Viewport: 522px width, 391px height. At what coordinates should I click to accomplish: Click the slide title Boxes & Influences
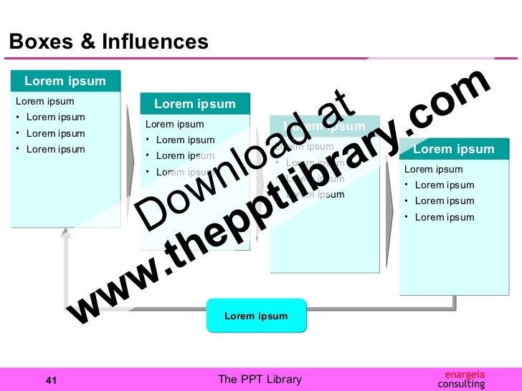(108, 42)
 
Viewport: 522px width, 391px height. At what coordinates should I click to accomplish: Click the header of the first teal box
(65, 81)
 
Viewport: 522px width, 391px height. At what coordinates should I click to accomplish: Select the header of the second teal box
(194, 104)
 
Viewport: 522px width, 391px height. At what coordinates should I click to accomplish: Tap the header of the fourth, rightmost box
(453, 150)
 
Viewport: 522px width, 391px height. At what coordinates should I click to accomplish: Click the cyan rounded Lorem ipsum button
(256, 316)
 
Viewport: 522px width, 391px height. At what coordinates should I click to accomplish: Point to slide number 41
(51, 380)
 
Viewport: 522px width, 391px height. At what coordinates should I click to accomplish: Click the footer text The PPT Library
(260, 380)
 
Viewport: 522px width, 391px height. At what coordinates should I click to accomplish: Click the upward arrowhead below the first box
(66, 233)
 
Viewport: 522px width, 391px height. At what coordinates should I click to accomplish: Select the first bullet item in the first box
(55, 117)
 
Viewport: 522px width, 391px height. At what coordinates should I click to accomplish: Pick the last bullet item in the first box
(55, 150)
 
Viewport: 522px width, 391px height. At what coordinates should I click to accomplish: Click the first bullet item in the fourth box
(444, 185)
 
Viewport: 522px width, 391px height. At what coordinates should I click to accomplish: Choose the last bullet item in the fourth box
(444, 217)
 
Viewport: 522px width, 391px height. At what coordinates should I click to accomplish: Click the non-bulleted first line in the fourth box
(433, 170)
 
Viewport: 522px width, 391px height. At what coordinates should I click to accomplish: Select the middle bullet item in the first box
(55, 133)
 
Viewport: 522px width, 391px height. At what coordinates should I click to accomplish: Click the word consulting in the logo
(461, 385)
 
